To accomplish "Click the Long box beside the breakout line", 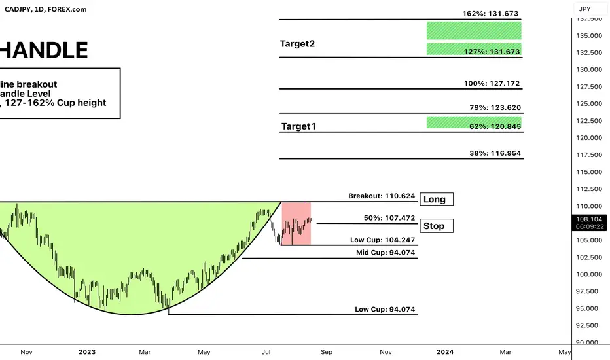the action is coord(436,199).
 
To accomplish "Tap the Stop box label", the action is coord(436,226).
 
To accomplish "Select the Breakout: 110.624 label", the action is coord(382,196).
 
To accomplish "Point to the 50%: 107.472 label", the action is coord(389,218).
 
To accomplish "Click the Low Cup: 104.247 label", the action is coord(382,240).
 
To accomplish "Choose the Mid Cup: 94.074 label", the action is coord(386,252).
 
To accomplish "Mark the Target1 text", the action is coord(298,126).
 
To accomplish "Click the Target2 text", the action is coord(297,44).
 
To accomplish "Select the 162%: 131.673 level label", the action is coord(490,14).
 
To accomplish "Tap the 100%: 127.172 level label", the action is coord(492,83).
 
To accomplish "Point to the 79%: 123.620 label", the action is coord(495,107).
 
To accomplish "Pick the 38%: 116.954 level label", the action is coord(495,153).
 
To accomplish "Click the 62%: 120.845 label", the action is coord(495,126).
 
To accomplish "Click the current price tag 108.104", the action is coord(589,223).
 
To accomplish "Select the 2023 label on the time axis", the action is coord(87,352).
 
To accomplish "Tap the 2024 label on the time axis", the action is coord(444,352).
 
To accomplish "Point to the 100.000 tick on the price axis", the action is coord(589,274).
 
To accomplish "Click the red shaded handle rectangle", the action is coord(296,223).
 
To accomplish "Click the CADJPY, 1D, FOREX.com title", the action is coord(46,9).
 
